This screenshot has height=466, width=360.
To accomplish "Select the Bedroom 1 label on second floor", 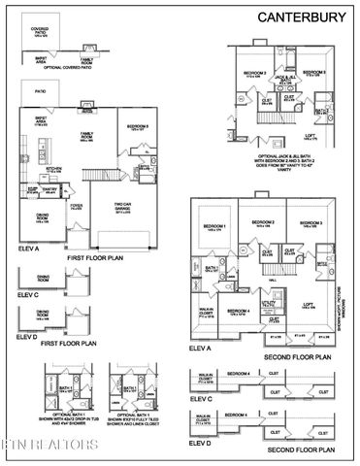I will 214,226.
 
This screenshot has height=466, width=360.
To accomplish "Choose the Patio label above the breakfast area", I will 40,91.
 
